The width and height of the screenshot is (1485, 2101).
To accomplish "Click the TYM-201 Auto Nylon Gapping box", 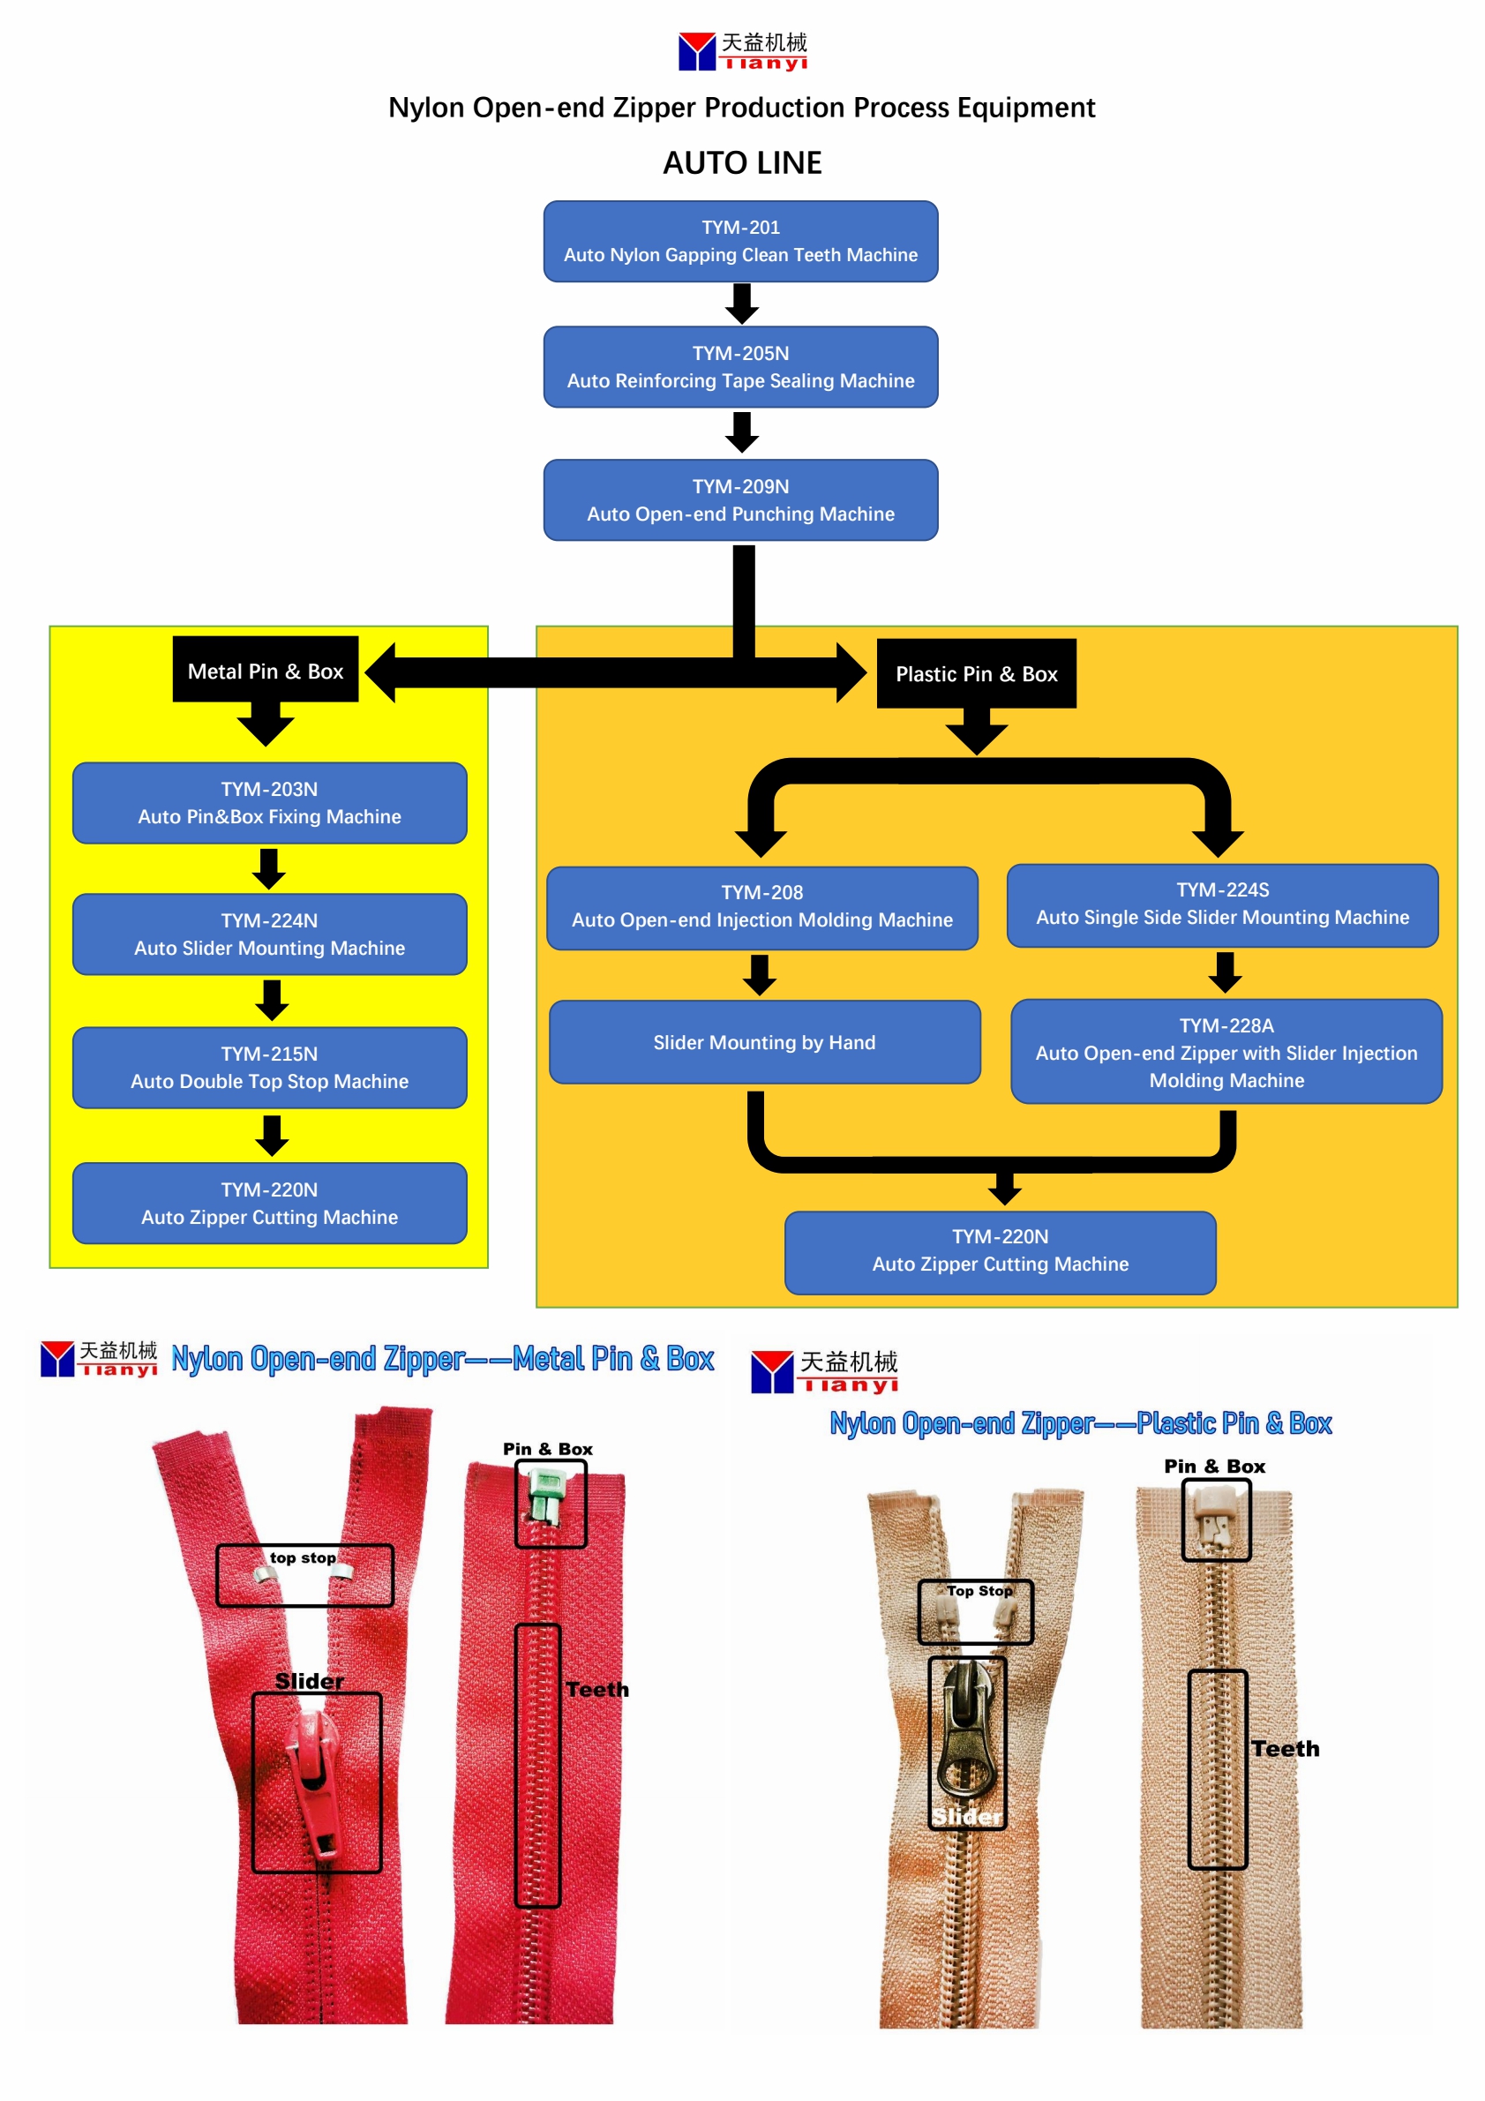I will (x=740, y=242).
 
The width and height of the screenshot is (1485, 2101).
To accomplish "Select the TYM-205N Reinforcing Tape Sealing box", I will (x=740, y=367).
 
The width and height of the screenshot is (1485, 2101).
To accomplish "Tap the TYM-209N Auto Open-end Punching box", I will (x=740, y=499).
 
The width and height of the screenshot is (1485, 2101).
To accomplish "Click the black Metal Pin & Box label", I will (x=266, y=671).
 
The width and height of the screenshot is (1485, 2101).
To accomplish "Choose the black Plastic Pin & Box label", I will (x=976, y=673).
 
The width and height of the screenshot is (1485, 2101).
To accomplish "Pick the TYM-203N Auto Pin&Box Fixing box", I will (x=269, y=802).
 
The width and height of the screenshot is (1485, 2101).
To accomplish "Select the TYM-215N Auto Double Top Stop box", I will (x=269, y=1067).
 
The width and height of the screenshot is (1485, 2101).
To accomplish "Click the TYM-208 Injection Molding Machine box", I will (x=762, y=907).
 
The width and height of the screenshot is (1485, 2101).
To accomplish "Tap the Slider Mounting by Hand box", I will (x=764, y=1042).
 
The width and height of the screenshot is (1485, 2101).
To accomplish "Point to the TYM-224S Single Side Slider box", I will (x=1222, y=904).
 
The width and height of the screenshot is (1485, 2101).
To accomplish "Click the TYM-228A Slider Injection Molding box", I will (x=1226, y=1052).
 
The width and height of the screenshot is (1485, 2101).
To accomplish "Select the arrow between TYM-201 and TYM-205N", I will (x=742, y=304).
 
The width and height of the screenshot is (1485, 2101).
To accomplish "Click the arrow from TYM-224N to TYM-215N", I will (x=272, y=1000).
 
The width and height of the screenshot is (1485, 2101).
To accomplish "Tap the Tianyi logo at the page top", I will (x=742, y=51).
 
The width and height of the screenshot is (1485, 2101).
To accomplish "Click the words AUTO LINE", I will (x=742, y=163).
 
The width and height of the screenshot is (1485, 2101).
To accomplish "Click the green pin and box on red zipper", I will (x=547, y=1497).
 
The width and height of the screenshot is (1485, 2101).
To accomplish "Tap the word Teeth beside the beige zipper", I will (x=1285, y=1749).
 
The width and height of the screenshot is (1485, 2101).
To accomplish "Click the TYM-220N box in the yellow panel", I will (x=269, y=1204).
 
